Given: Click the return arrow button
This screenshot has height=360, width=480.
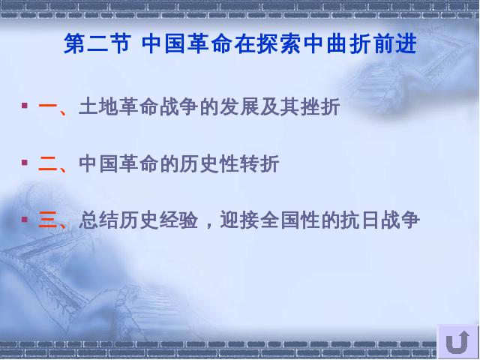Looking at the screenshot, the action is coord(457,342).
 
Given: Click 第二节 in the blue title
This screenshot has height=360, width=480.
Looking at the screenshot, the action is coord(97,44).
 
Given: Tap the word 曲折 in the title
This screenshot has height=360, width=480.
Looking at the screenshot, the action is coord(349,44).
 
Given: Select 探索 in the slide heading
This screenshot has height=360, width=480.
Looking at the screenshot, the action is coord(279,44).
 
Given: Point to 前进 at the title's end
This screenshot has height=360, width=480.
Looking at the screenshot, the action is coord(395,44).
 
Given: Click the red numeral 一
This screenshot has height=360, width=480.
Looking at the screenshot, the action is coord(48,106).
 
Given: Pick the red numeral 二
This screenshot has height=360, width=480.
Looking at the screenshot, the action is coord(48,163).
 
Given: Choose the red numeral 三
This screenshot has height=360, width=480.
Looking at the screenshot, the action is coord(48,220).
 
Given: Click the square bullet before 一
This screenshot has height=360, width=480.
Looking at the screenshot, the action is coord(25,106).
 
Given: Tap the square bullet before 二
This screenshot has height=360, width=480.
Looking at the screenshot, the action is coord(25,162).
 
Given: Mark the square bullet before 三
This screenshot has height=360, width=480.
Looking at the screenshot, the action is coord(25,219).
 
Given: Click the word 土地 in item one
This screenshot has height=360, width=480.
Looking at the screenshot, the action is coord(98,106).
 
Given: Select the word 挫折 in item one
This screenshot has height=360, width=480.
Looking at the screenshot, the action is coord(320,106).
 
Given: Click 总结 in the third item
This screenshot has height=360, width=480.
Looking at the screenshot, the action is coord(98,220).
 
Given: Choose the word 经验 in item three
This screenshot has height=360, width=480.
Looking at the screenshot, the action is coord(178,220).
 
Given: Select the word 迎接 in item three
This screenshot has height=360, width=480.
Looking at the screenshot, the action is coord(240,220).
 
